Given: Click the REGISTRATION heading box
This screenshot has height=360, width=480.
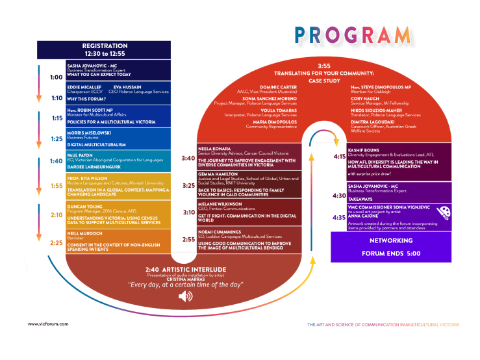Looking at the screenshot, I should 105,49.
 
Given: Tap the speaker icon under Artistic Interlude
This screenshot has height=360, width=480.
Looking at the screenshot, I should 186,296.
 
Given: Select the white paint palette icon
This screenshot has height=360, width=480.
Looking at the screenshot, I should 444,211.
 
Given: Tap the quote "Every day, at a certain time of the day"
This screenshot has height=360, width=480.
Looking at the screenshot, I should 186,285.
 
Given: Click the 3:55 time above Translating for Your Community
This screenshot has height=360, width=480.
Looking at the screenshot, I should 323,66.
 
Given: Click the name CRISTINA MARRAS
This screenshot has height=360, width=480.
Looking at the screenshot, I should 186,279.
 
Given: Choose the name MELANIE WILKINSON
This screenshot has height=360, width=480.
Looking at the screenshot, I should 220,203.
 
